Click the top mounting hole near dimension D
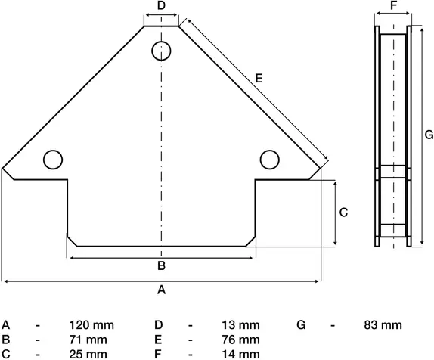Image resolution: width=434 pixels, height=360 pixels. pyautogui.click(x=161, y=51)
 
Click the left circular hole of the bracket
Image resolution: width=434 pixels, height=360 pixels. pyautogui.click(x=52, y=160)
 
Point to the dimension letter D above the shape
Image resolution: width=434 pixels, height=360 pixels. pyautogui.click(x=161, y=6)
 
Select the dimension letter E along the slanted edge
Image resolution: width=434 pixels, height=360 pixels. pyautogui.click(x=259, y=78)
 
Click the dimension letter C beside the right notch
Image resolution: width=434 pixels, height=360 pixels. pyautogui.click(x=343, y=213)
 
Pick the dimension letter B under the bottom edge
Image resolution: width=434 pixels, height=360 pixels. pyautogui.click(x=160, y=265)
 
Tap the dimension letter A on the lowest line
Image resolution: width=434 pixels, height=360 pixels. pyautogui.click(x=160, y=290)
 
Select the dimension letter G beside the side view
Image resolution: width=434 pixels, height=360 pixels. pyautogui.click(x=427, y=135)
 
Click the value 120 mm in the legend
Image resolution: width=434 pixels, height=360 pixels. pyautogui.click(x=91, y=325)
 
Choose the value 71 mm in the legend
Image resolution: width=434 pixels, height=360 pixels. pyautogui.click(x=88, y=340)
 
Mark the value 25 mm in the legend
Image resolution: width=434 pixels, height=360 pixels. pyautogui.click(x=88, y=354)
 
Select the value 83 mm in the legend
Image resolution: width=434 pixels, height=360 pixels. pyautogui.click(x=383, y=325)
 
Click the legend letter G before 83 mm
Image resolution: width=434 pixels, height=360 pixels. pyautogui.click(x=301, y=325)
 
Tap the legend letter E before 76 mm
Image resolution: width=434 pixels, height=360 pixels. pyautogui.click(x=157, y=340)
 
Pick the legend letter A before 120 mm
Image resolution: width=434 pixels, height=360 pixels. pyautogui.click(x=5, y=325)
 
